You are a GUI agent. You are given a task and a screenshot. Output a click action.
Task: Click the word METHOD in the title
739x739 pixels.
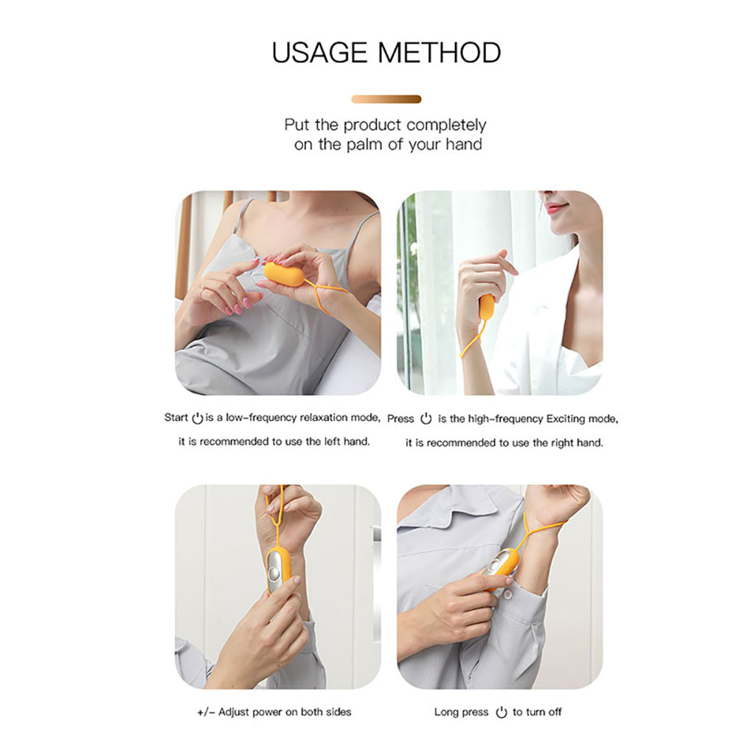tap(440, 52)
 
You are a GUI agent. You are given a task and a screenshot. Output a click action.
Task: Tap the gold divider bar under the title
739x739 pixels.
tap(386, 99)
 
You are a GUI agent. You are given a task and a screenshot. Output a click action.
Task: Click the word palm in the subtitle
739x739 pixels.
tap(365, 145)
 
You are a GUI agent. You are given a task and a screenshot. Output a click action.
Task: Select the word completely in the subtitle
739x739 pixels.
tap(446, 125)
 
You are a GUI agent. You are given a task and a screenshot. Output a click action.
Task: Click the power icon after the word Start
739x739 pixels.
tap(198, 418)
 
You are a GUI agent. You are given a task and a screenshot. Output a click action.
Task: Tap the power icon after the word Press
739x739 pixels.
tap(426, 418)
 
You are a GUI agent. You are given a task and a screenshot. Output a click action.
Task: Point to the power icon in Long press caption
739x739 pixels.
tap(501, 712)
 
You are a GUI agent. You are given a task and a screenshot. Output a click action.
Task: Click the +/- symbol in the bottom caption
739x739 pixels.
tap(206, 712)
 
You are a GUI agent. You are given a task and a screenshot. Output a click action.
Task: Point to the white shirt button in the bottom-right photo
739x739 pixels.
tap(507, 594)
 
